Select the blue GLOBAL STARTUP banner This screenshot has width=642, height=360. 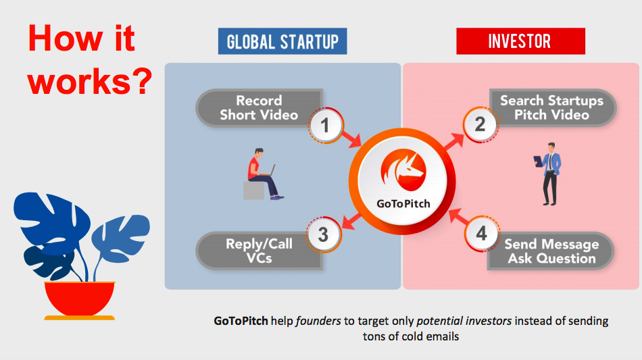click(x=282, y=42)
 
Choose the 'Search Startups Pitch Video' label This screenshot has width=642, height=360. click(x=551, y=108)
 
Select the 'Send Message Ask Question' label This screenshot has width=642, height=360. click(x=551, y=251)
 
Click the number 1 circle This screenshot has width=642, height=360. click(x=325, y=126)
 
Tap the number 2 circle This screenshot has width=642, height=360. click(x=480, y=125)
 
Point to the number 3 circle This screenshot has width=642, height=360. click(x=324, y=235)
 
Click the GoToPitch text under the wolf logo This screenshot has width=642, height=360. click(x=403, y=203)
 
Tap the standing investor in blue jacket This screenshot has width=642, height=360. click(x=550, y=173)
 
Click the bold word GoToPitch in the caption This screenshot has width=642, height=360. click(x=241, y=321)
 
